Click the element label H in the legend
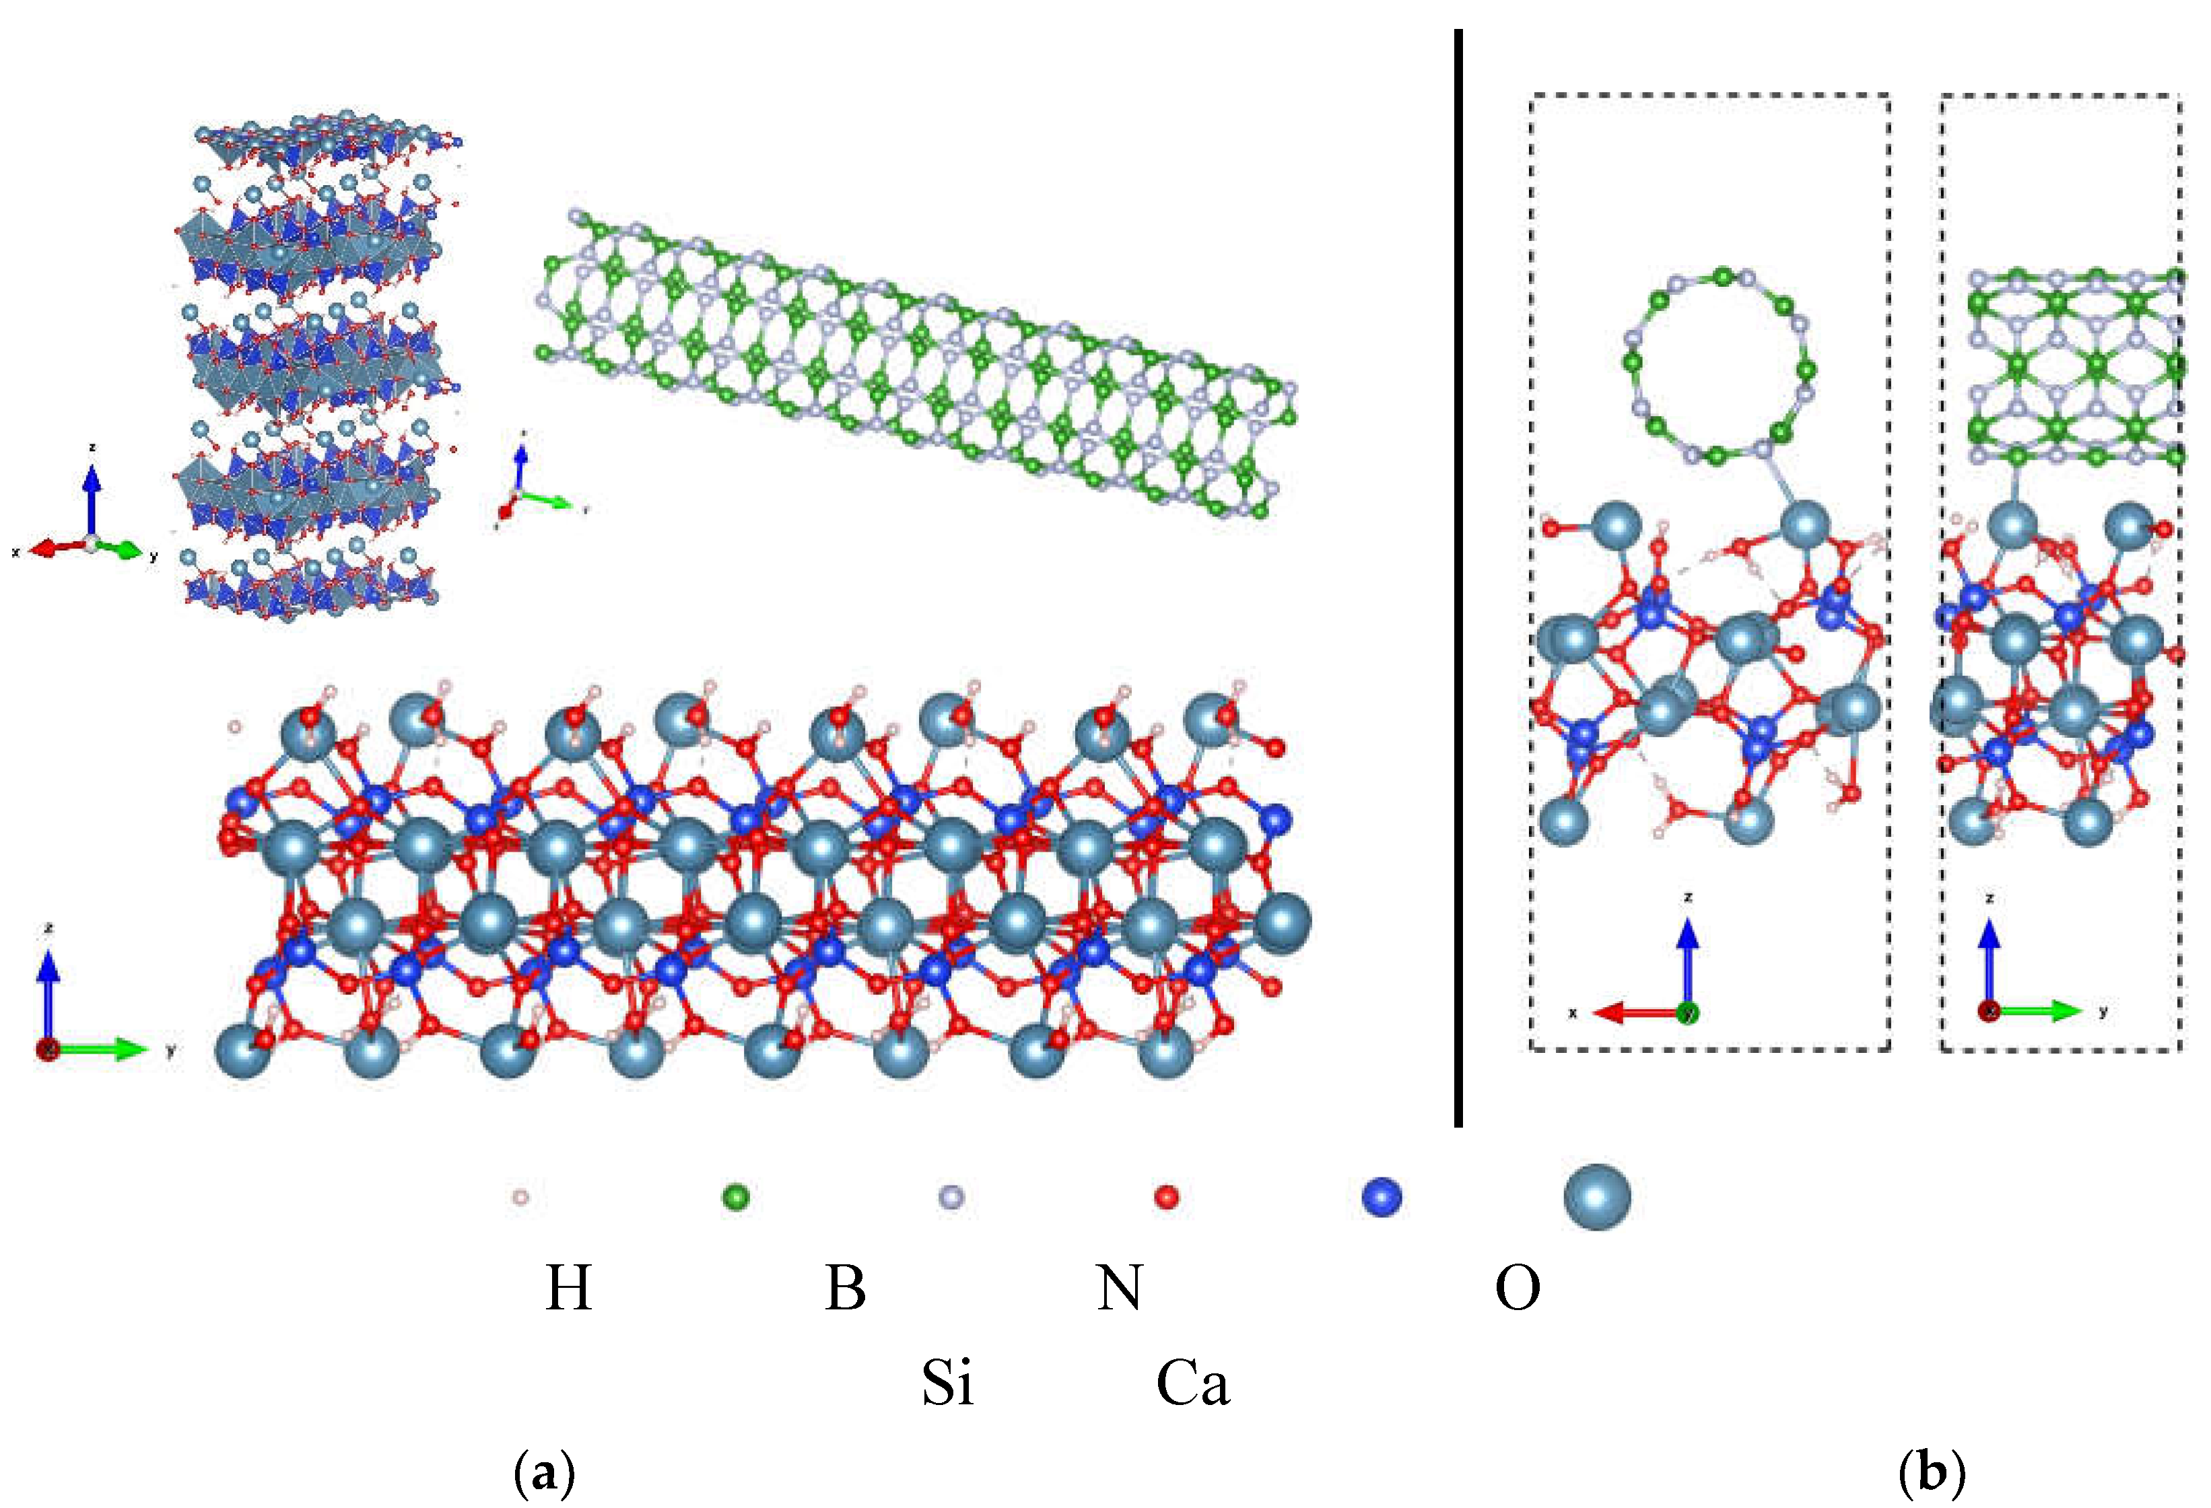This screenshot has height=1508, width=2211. coord(568,1289)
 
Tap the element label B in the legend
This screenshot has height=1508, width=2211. coord(845,1289)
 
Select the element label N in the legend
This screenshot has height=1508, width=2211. coord(1119,1289)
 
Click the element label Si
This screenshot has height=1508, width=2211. coord(947,1382)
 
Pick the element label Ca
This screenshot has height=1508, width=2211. coord(1192,1382)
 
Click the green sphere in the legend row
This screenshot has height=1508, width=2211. coord(737,1197)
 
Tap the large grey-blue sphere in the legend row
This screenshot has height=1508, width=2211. coord(1598,1197)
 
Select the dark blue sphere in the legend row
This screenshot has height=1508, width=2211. coord(1382,1197)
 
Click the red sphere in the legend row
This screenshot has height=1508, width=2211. coord(1166,1197)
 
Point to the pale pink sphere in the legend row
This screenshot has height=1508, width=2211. coord(520,1197)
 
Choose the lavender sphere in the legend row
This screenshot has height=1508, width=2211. coord(951,1197)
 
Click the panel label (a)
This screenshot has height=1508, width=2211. coord(544,1474)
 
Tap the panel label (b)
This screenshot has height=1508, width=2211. coord(1932,1474)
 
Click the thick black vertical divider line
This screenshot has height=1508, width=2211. coord(1458,571)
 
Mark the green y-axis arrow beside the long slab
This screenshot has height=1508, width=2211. coord(104,1050)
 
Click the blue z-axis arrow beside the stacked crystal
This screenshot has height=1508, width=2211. coord(92,500)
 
